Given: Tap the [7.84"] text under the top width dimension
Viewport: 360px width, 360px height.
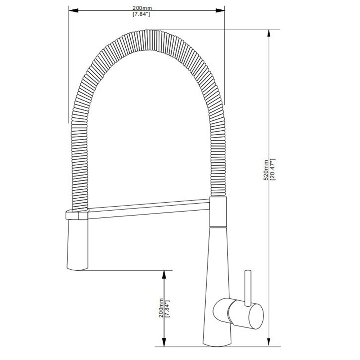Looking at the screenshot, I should tap(141, 14).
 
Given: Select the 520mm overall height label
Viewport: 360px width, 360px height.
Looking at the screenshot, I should tap(265, 170).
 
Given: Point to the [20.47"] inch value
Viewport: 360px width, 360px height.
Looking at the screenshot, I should tap(273, 170).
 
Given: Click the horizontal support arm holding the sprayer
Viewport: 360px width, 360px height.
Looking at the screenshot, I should tap(148, 209).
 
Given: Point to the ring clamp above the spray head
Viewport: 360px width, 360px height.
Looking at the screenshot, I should tap(76, 215).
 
